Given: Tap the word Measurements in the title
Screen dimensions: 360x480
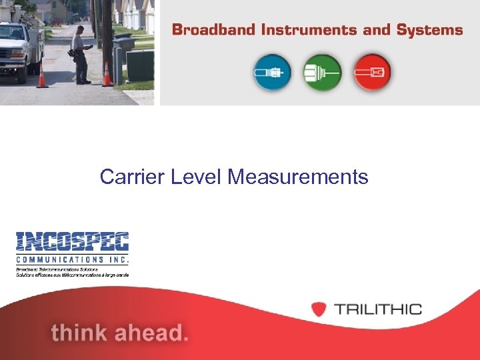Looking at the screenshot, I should (297, 177).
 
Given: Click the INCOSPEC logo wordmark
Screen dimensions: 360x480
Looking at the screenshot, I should (72, 242).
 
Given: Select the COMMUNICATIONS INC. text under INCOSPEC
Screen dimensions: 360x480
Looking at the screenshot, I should (72, 259).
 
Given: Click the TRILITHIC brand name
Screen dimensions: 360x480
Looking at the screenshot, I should (377, 309).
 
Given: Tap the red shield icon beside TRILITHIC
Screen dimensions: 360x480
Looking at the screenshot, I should (319, 309).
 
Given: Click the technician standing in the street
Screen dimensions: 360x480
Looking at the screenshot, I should (80, 55).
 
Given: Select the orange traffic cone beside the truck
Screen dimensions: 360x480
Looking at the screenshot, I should (43, 76).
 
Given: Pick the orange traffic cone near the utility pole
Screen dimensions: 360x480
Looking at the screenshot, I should (107, 75).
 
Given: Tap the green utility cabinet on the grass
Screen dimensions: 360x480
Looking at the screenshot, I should (140, 65).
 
